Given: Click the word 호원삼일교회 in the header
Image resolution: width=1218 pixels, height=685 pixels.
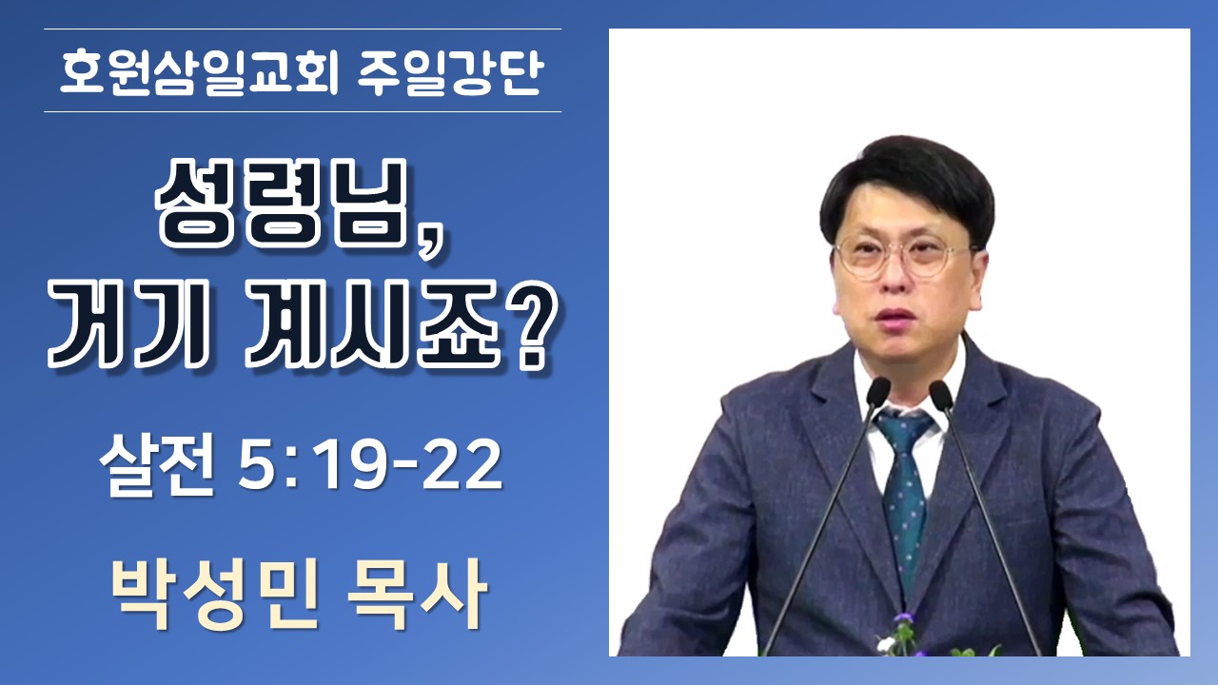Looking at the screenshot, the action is click(200, 72).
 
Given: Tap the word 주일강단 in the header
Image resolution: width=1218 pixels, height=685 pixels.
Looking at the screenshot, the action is click(451, 72).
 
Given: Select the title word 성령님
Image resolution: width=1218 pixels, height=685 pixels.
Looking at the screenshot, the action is click(281, 203).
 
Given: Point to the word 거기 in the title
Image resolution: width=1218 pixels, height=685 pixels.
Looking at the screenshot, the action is click(128, 325).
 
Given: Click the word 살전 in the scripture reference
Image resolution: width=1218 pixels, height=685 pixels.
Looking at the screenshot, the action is click(156, 467).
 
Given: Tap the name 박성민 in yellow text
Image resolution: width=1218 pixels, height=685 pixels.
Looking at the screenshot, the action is click(214, 595).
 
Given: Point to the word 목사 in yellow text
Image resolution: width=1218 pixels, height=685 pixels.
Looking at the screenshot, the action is click(417, 595).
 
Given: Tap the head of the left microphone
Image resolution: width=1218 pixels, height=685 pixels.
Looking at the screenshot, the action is click(877, 392).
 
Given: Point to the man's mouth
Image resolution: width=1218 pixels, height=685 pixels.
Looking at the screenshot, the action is click(897, 318).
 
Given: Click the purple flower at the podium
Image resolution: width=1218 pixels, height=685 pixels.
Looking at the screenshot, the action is click(904, 619).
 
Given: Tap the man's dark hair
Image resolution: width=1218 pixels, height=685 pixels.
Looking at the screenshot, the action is click(908, 180).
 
